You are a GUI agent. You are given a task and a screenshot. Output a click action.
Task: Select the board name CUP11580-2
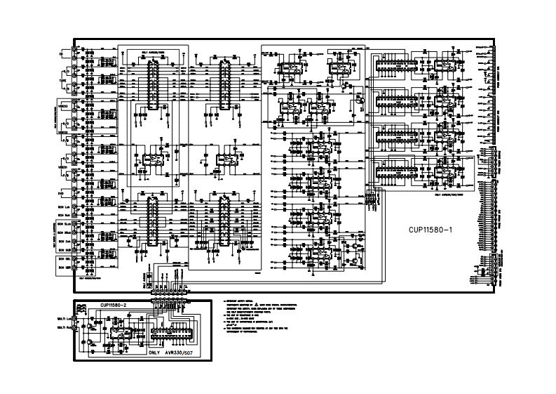point(113,306)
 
